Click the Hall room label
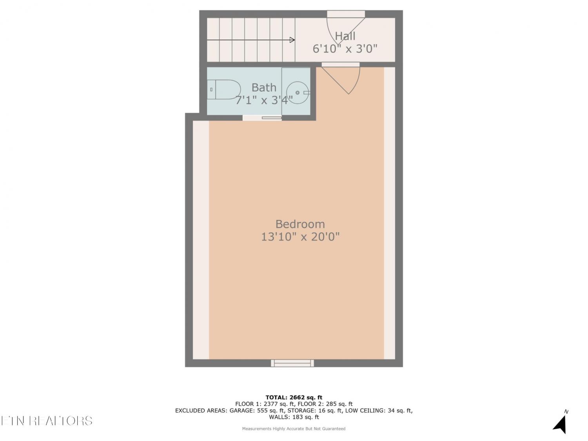pos(345,36)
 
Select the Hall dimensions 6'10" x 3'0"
pos(345,49)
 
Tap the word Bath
pos(264,87)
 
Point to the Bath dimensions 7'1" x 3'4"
pos(264,100)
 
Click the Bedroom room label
pos(300,224)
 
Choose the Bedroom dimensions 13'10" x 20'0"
pos(300,237)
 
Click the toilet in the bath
pos(224,89)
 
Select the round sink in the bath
pos(298,93)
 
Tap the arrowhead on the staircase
pos(292,40)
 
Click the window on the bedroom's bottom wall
pos(292,363)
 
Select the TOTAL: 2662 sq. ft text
pos(294,397)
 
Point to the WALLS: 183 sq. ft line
pos(294,417)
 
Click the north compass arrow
pos(561,423)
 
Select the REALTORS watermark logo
pos(47,421)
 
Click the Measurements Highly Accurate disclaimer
pos(294,429)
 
